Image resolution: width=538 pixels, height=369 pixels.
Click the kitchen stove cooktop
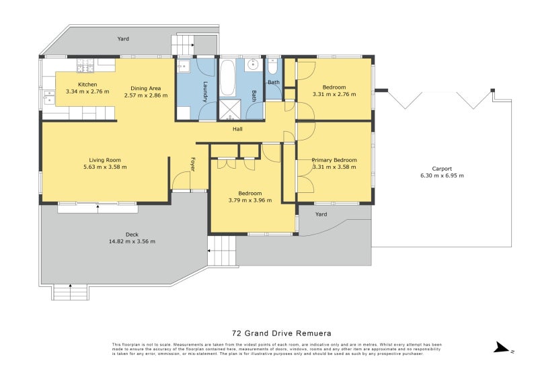pos(85,65)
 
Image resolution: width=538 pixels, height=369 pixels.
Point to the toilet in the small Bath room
pos(272,67)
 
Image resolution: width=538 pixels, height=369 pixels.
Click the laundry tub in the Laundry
pos(184,67)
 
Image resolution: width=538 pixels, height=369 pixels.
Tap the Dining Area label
pos(145,88)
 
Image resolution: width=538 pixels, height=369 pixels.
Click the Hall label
pos(237,129)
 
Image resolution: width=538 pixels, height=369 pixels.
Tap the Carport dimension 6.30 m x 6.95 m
pos(442,175)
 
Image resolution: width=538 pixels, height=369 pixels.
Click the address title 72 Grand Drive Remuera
pos(281,333)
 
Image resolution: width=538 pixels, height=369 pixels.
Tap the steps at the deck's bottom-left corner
pos(70,292)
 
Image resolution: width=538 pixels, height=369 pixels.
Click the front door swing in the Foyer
pos(180,181)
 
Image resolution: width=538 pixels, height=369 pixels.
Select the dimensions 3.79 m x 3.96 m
pos(249,200)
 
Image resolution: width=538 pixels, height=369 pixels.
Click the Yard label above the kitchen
pos(123,39)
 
